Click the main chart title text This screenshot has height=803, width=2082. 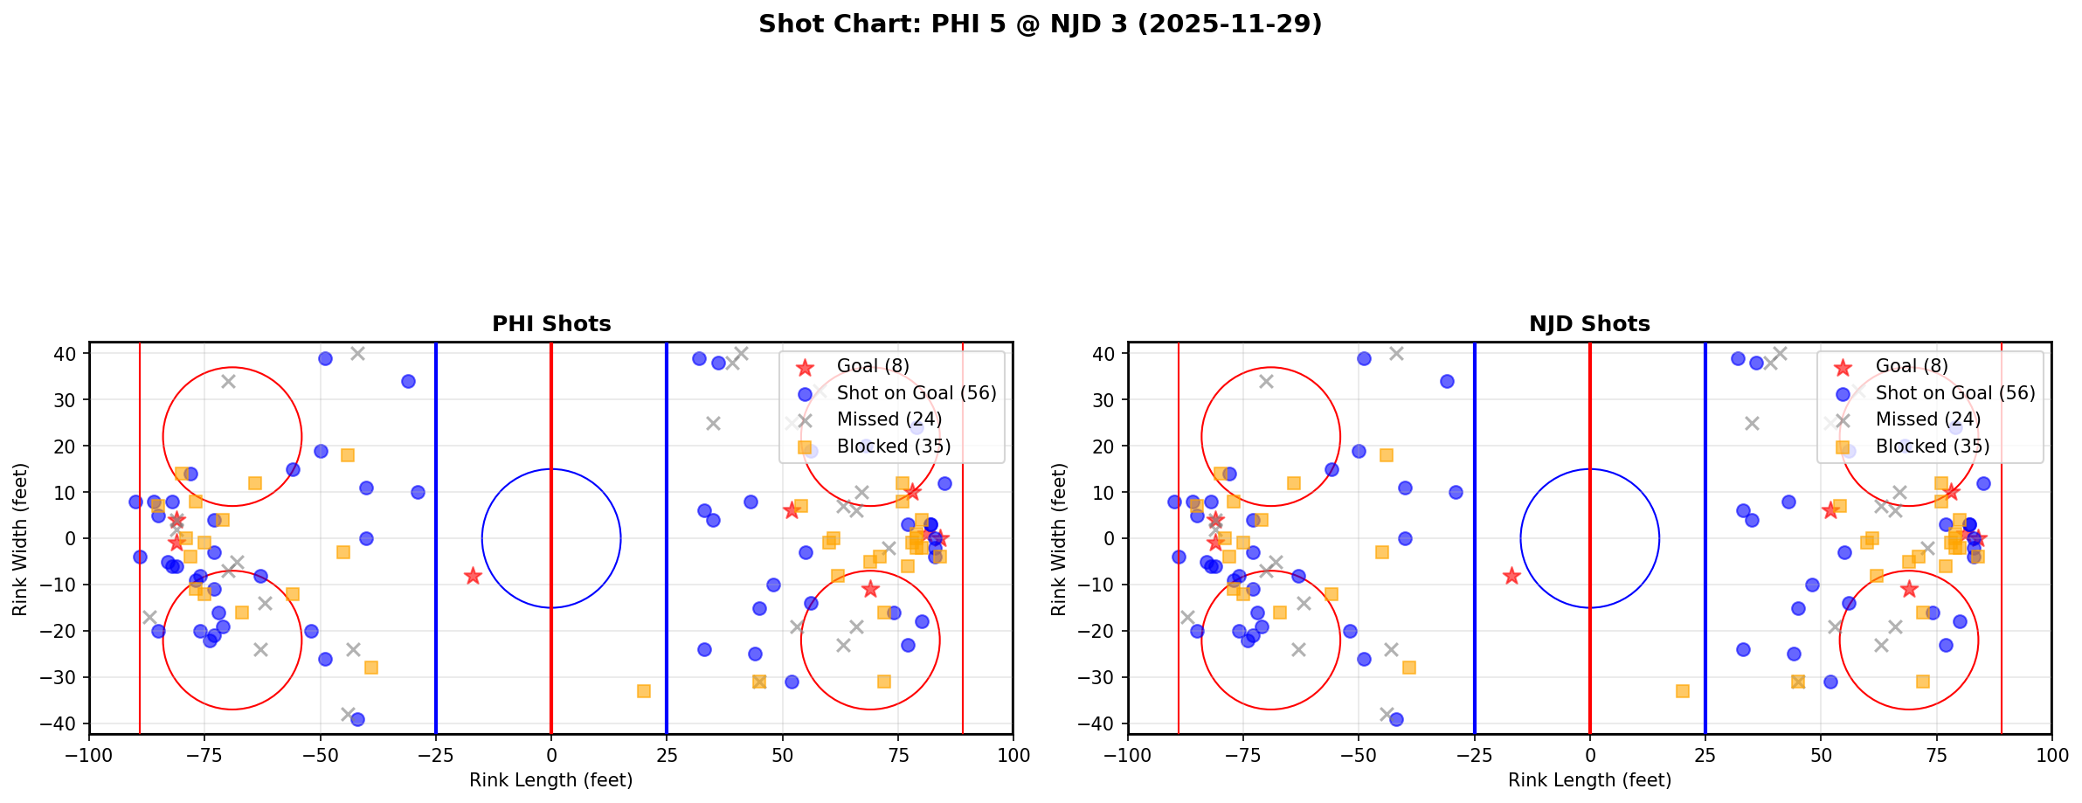point(1040,24)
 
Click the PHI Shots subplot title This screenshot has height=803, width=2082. point(551,324)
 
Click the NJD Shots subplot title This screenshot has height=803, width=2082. point(1589,324)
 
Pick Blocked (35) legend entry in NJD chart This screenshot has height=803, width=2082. point(1932,446)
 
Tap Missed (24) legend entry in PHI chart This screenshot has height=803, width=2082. point(889,419)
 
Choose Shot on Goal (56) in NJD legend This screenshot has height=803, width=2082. point(1954,393)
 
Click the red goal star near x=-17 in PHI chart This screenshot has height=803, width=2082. point(473,576)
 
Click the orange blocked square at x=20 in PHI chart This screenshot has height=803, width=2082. point(644,691)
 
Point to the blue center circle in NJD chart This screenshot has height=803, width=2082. point(1589,470)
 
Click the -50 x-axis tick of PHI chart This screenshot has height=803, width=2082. point(321,755)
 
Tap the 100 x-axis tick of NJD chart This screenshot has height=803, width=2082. point(2051,755)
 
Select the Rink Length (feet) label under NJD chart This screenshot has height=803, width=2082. point(1589,780)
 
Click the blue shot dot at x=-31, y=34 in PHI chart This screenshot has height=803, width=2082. point(408,381)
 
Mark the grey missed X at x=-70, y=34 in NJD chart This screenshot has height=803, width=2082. point(1266,381)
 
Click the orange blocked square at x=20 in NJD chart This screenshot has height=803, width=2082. point(1682,691)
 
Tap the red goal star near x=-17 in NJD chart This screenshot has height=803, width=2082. point(1511,576)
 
